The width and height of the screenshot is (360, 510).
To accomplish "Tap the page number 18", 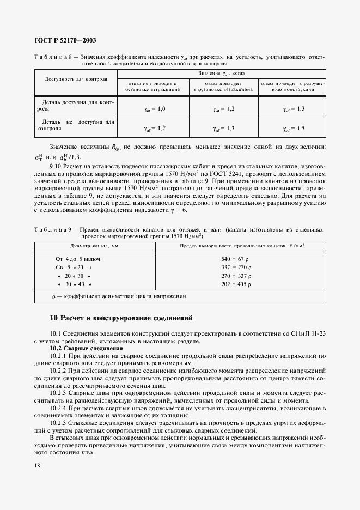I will (37, 465).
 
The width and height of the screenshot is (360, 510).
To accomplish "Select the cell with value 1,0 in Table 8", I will (154, 109).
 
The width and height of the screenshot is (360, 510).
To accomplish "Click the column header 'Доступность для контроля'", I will (75, 78).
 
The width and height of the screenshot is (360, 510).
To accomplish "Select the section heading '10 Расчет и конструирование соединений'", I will (120, 318).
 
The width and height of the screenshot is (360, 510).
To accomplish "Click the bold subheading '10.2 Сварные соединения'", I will (86, 348).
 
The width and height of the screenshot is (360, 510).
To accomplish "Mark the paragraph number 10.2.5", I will (59, 422).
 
